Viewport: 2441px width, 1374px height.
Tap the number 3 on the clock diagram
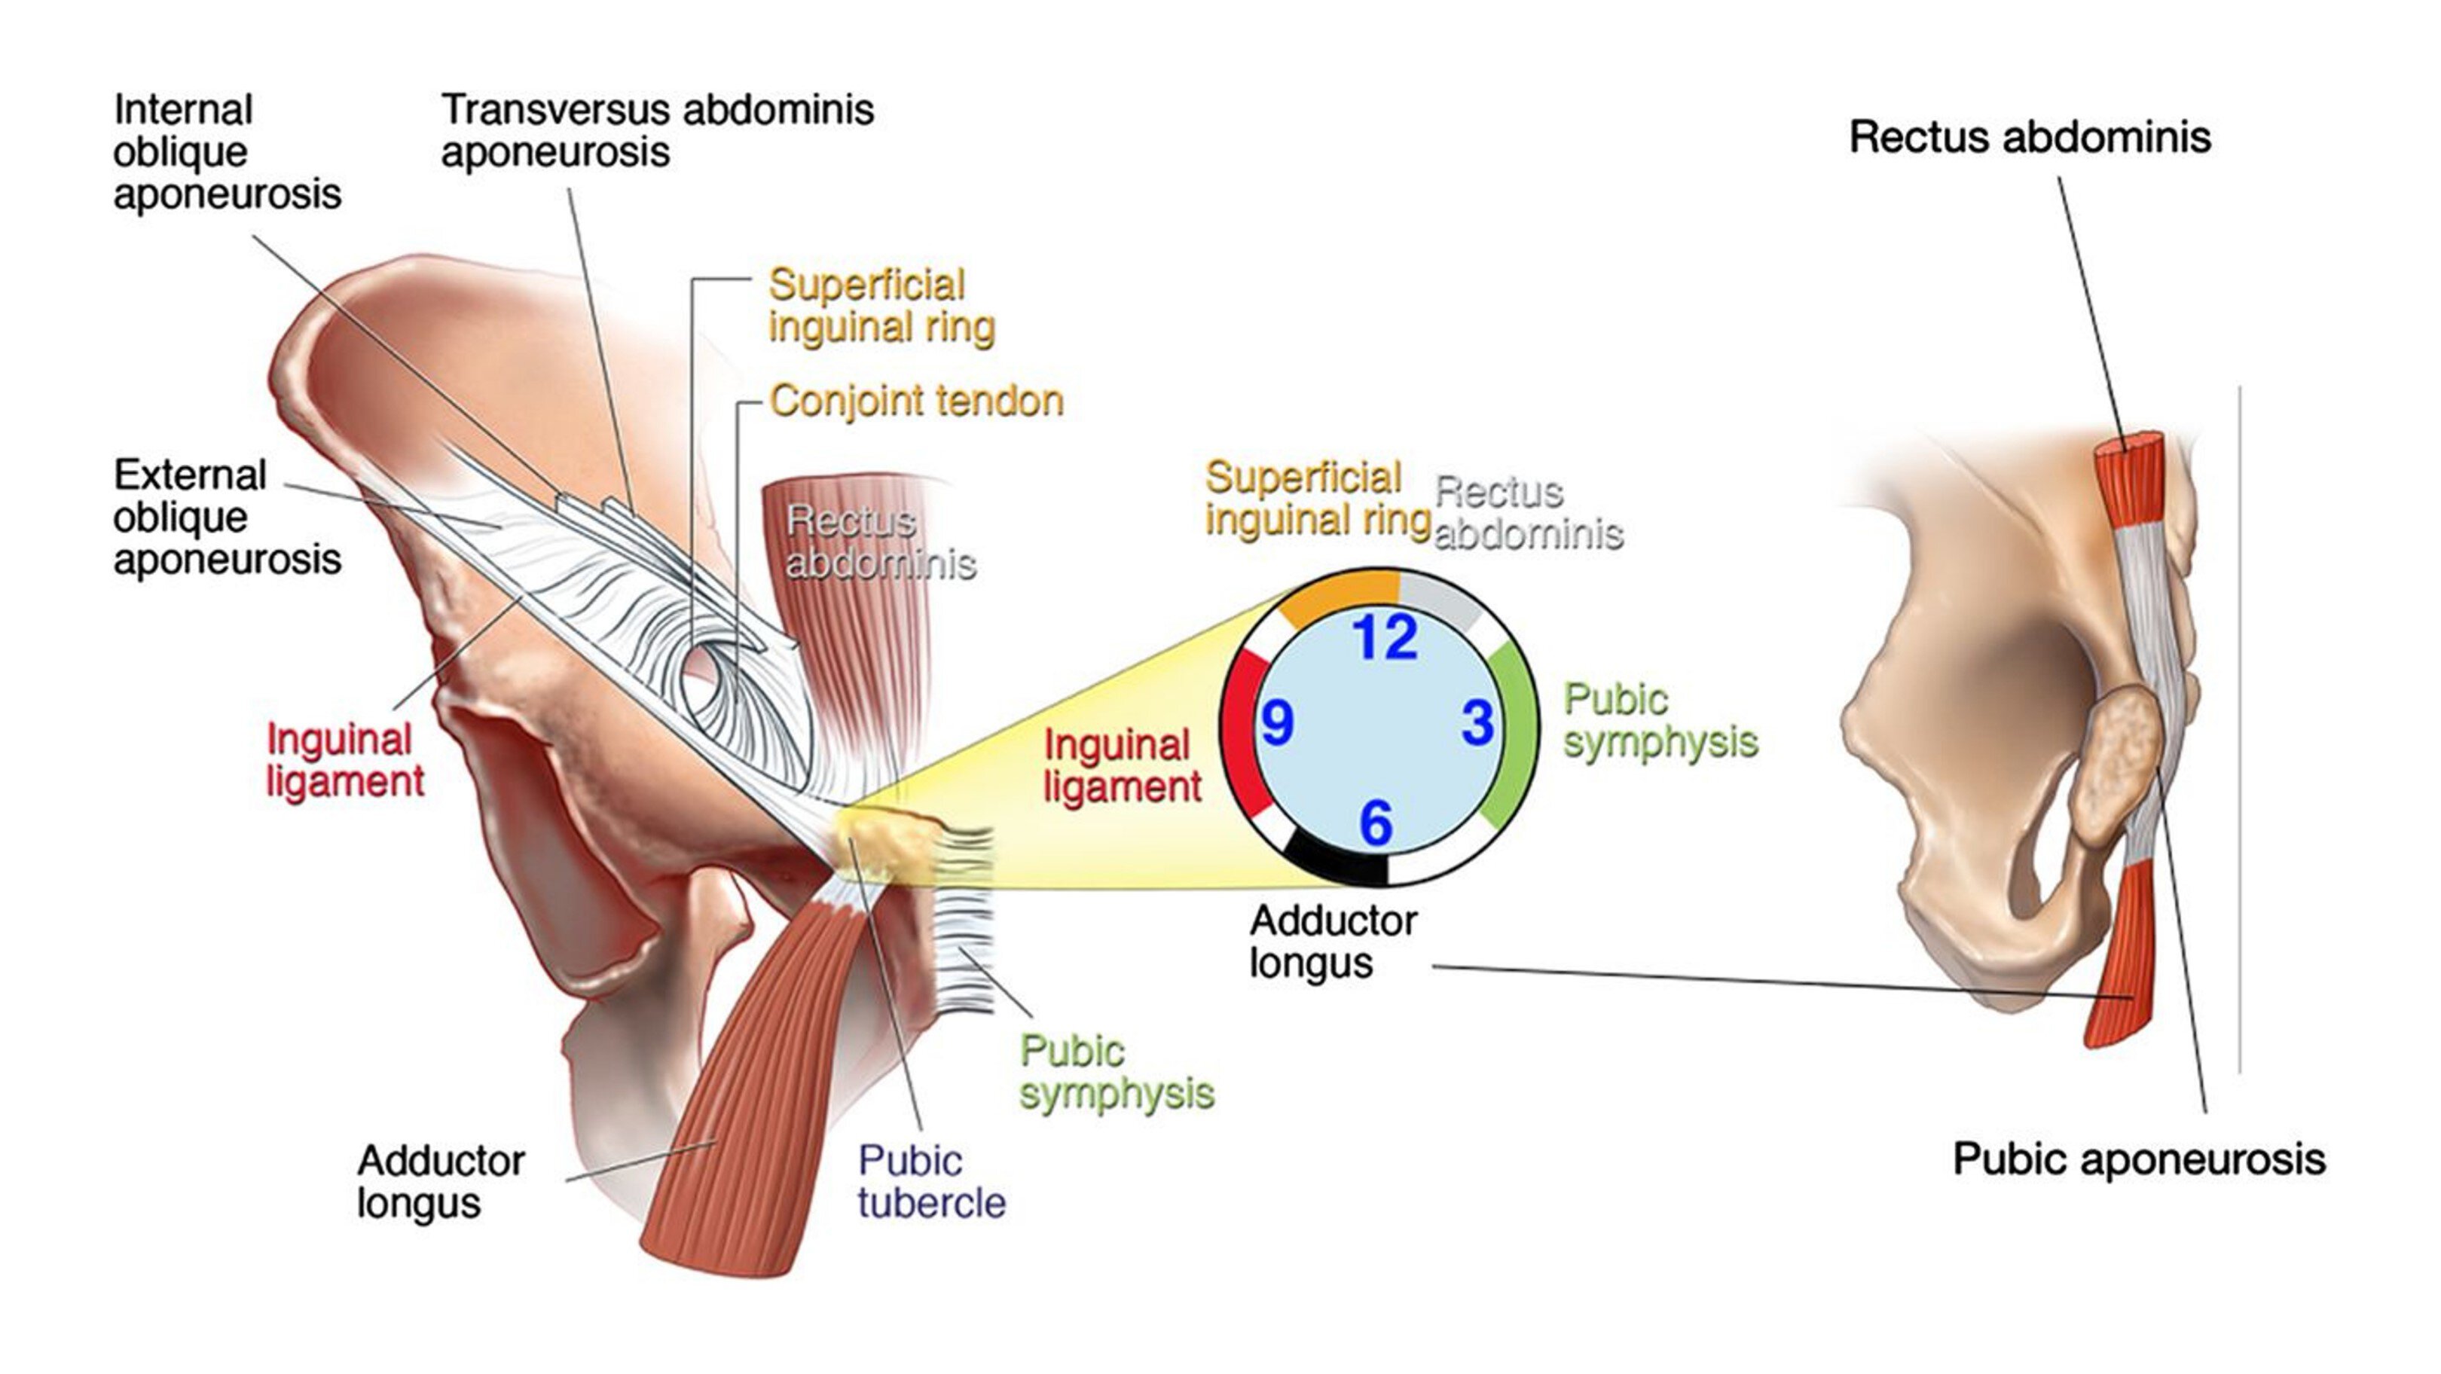point(1478,723)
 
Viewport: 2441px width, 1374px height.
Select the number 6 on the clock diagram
point(1376,822)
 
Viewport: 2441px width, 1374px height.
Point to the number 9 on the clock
point(1276,723)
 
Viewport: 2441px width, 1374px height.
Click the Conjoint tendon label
point(916,401)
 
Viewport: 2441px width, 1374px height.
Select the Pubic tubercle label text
point(930,1182)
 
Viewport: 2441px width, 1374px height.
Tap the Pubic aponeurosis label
point(2139,1159)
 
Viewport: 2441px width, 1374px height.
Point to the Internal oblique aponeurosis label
point(227,151)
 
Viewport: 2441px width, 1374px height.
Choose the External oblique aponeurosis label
point(227,518)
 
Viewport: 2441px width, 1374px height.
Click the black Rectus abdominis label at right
point(2030,137)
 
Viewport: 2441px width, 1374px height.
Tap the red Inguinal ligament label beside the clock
point(1122,765)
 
